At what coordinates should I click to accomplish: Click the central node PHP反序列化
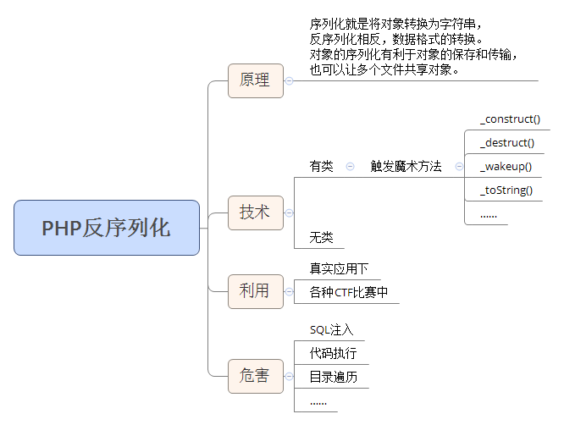[x=107, y=228]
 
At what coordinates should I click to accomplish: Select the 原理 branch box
[x=255, y=80]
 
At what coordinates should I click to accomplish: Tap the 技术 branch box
[x=255, y=212]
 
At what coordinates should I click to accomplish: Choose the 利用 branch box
[x=255, y=290]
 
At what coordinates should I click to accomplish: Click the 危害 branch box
[x=255, y=375]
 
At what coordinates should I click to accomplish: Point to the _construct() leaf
[x=510, y=119]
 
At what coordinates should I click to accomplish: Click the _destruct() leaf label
[x=507, y=143]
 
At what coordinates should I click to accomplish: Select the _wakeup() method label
[x=506, y=166]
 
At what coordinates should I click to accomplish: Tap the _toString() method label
[x=506, y=190]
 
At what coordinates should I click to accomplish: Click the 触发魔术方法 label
[x=406, y=167]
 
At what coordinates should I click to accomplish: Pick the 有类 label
[x=322, y=167]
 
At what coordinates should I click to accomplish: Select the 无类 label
[x=322, y=237]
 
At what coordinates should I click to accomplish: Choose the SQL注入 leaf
[x=331, y=330]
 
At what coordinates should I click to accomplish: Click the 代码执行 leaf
[x=333, y=354]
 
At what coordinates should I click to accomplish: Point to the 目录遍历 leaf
[x=333, y=377]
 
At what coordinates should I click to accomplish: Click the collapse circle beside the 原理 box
[x=289, y=81]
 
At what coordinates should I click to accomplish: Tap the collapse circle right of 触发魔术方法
[x=459, y=167]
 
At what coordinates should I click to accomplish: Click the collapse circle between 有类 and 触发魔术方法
[x=350, y=167]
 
